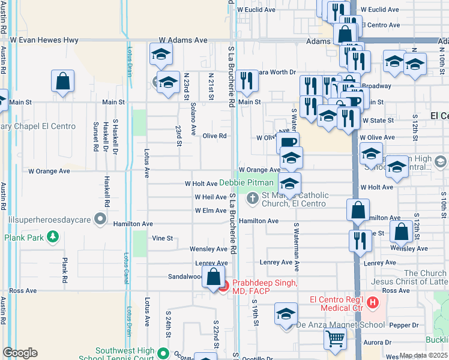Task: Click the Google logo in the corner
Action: click(20, 353)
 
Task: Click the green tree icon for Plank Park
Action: click(53, 236)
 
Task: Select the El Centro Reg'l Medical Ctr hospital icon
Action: click(373, 300)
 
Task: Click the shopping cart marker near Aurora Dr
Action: click(335, 338)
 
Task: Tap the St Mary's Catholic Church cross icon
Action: click(253, 196)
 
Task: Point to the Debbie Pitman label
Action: click(246, 182)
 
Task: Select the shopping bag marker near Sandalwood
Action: click(213, 277)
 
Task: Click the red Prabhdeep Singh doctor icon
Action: click(223, 287)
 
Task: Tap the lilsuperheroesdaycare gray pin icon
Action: click(100, 219)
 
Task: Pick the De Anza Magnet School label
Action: click(340, 325)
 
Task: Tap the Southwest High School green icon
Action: click(163, 352)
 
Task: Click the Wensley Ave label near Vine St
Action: click(208, 248)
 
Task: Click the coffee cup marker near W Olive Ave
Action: click(288, 142)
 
